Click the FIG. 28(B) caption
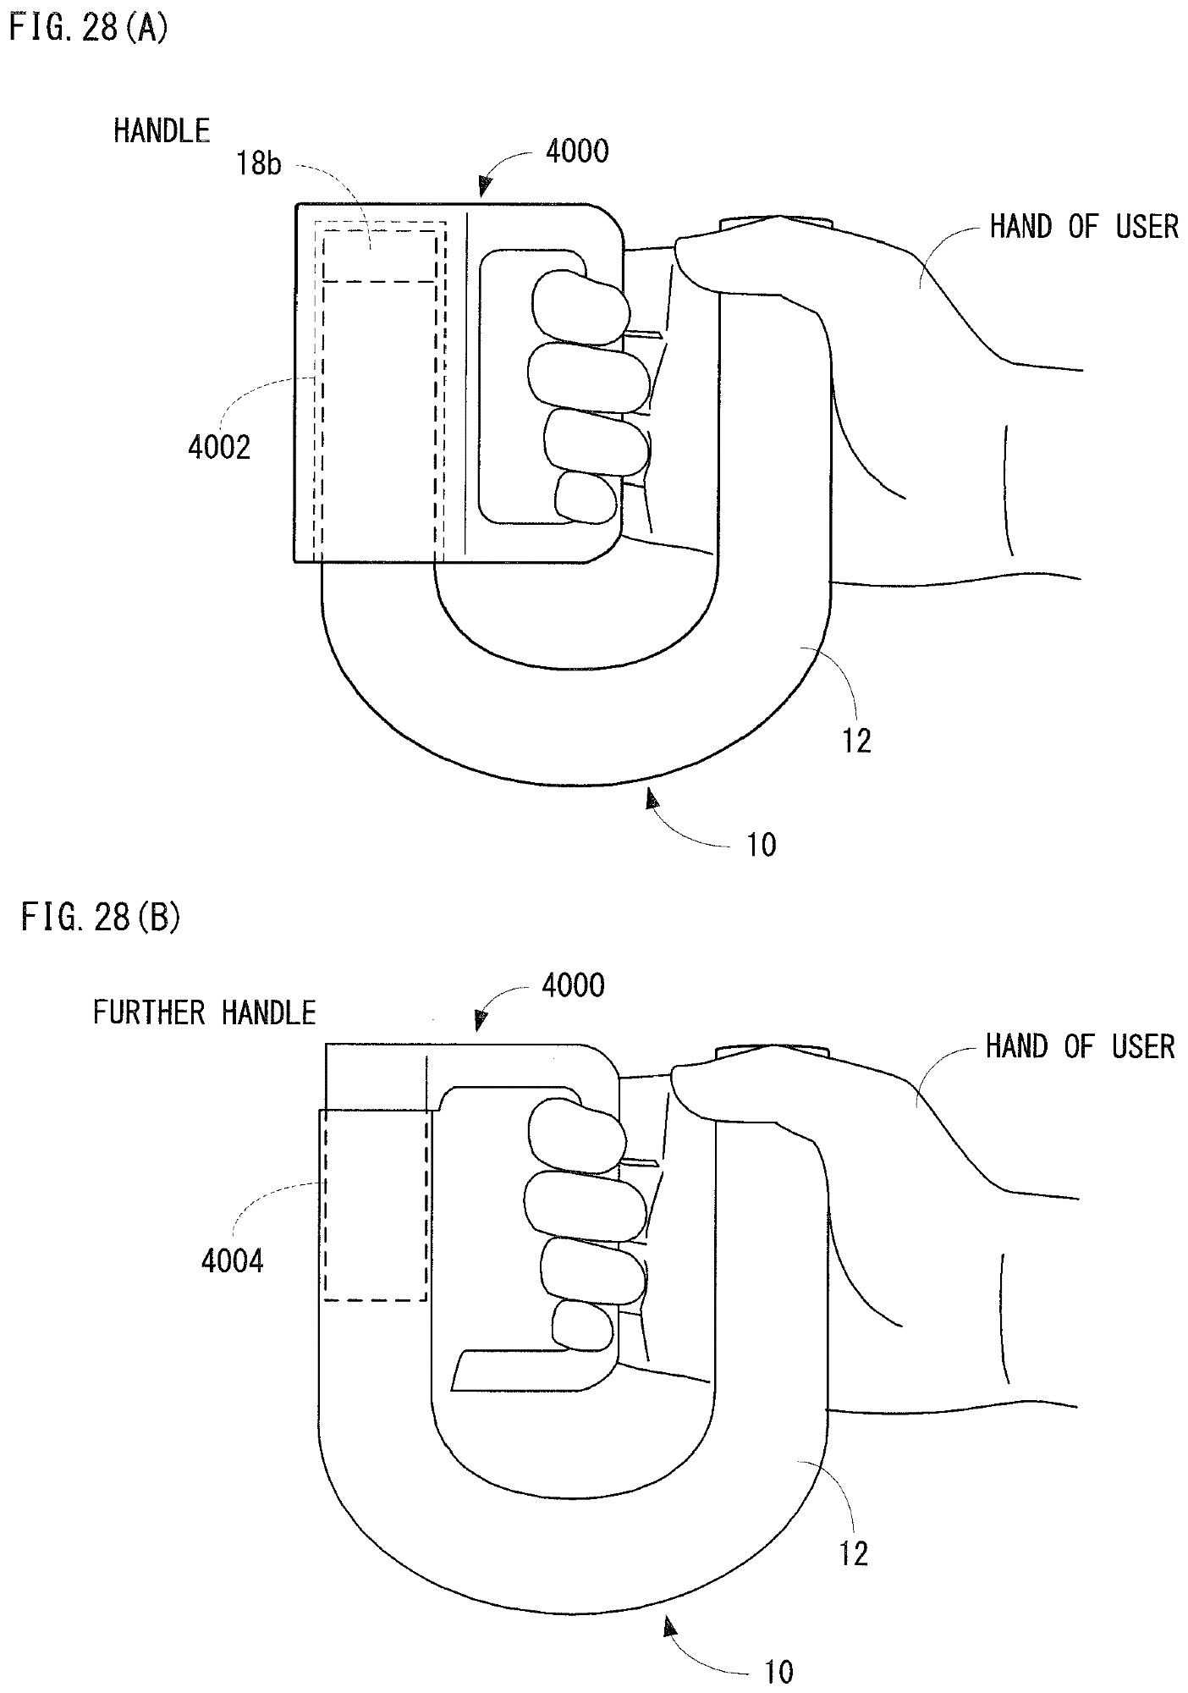click(x=100, y=918)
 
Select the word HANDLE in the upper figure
click(x=162, y=130)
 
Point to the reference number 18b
click(x=259, y=163)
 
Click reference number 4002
click(x=219, y=447)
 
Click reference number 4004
click(x=232, y=1261)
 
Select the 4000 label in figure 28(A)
click(x=577, y=152)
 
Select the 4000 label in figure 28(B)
click(x=573, y=985)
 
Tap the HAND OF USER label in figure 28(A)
click(x=1084, y=226)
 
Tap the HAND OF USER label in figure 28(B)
click(x=1080, y=1046)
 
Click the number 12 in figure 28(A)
click(x=856, y=742)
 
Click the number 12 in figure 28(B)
click(x=853, y=1553)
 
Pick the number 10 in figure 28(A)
click(x=762, y=845)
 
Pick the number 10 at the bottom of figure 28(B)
click(x=778, y=1672)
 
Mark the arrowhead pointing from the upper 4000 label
click(x=485, y=186)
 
